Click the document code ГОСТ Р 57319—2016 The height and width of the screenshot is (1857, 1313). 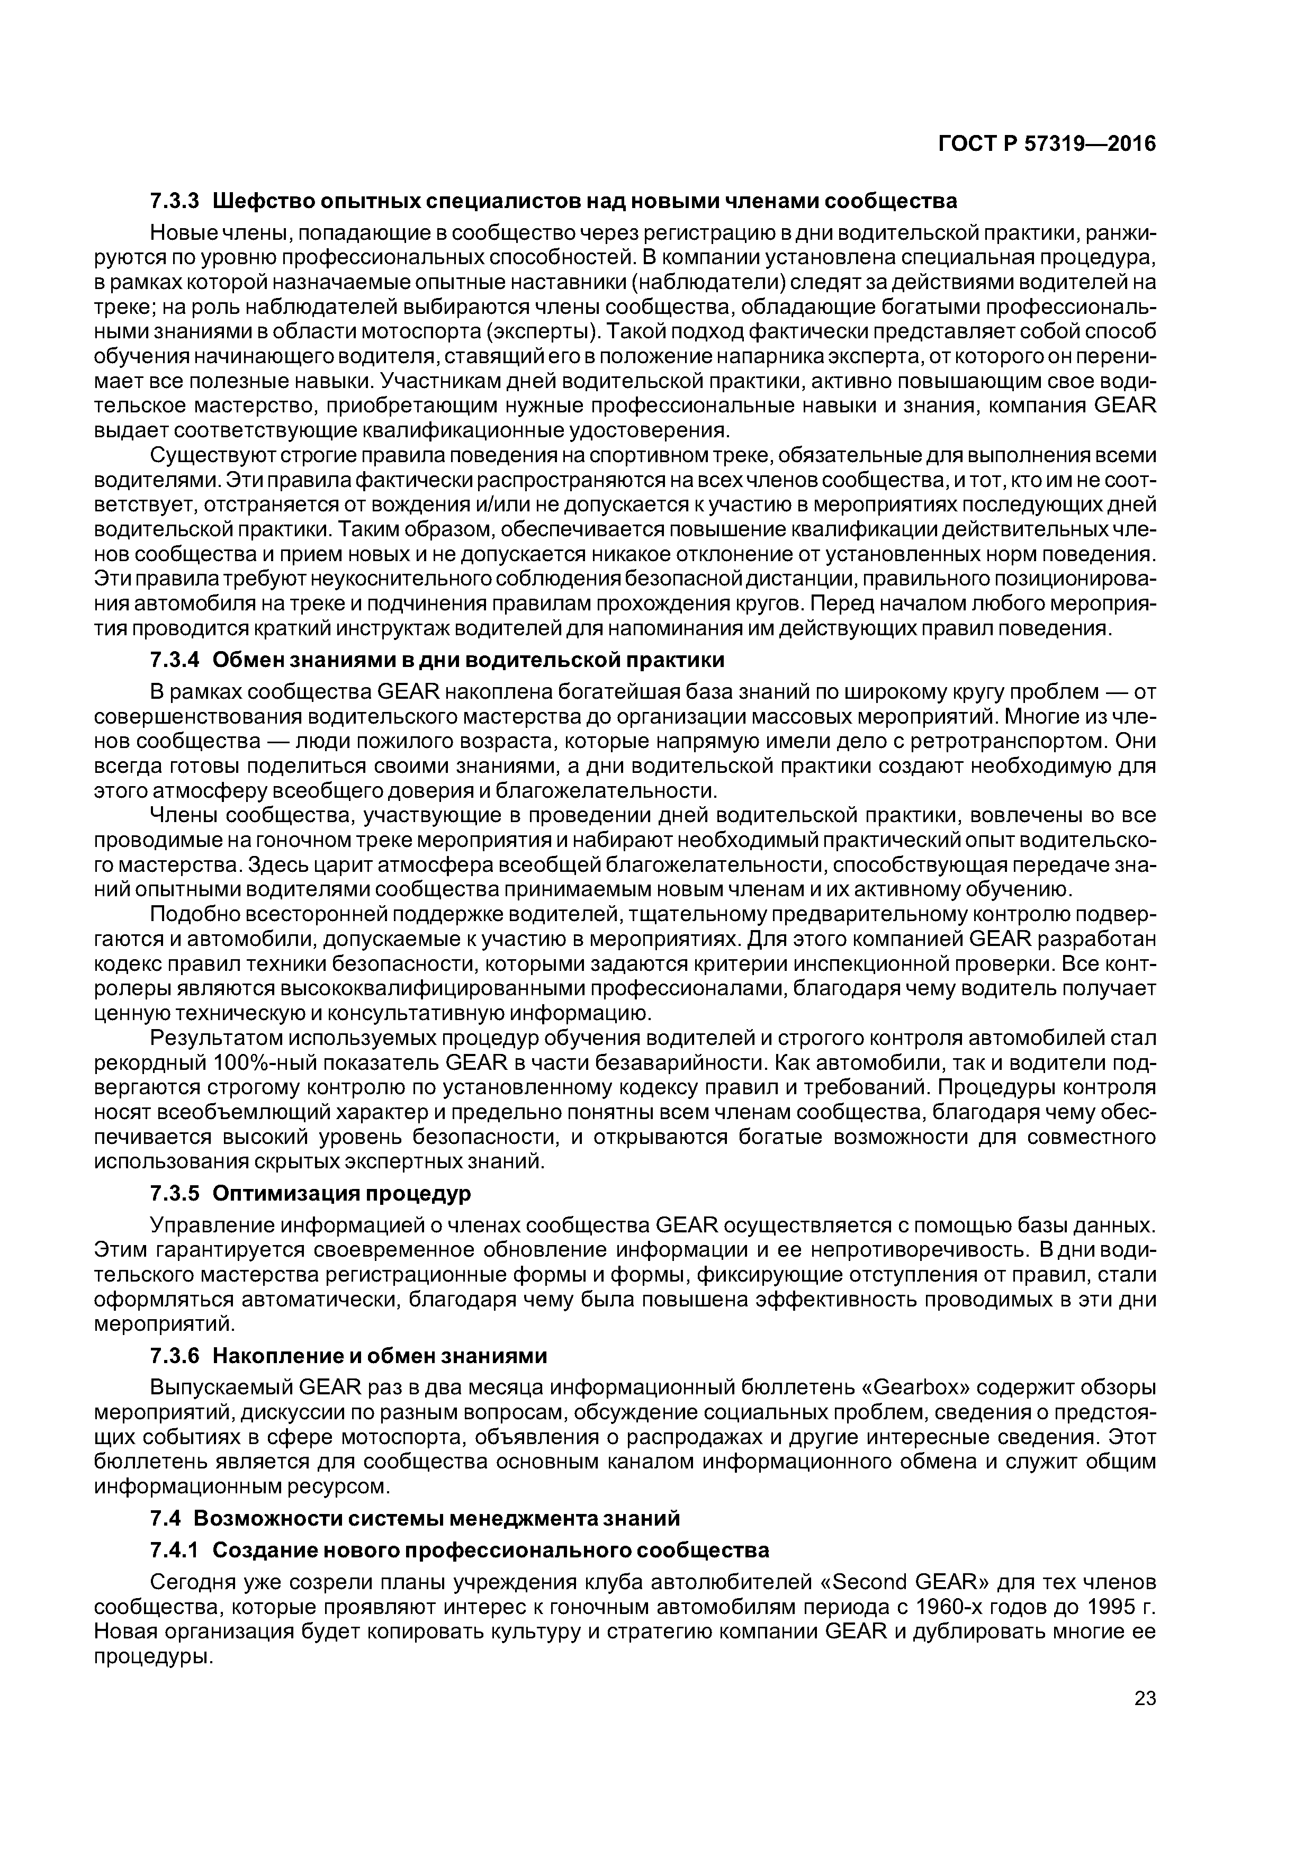[x=1047, y=144]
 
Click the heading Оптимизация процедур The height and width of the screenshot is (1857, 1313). [x=341, y=1194]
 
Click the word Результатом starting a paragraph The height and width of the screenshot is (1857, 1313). [x=214, y=1039]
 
